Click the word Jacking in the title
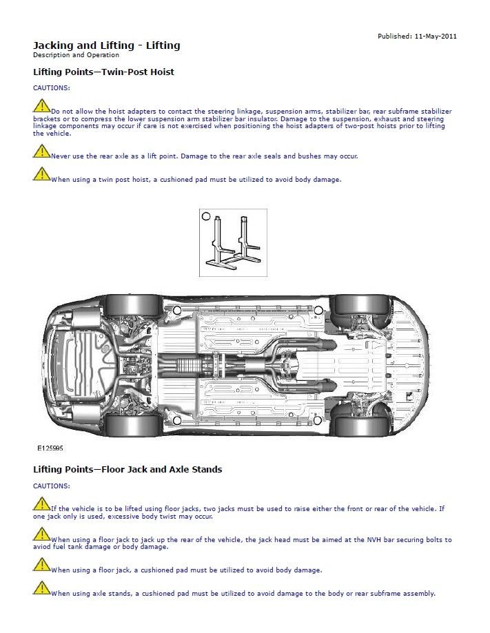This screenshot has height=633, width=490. pyautogui.click(x=54, y=45)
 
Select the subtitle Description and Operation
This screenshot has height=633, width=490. pyautogui.click(x=76, y=55)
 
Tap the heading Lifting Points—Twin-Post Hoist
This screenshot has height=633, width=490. pyautogui.click(x=103, y=72)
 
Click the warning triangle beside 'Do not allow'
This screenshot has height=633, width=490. pyautogui.click(x=41, y=106)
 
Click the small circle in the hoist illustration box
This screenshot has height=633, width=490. pyautogui.click(x=205, y=216)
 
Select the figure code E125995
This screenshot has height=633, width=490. pyautogui.click(x=50, y=448)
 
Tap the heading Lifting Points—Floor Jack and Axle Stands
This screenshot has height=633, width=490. pyautogui.click(x=127, y=470)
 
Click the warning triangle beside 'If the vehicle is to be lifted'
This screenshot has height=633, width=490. pyautogui.click(x=41, y=504)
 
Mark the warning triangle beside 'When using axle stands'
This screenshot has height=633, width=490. pyautogui.click(x=41, y=589)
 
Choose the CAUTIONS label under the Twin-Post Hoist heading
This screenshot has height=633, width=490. pyautogui.click(x=51, y=87)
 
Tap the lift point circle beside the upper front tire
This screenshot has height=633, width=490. pyautogui.click(x=318, y=310)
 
